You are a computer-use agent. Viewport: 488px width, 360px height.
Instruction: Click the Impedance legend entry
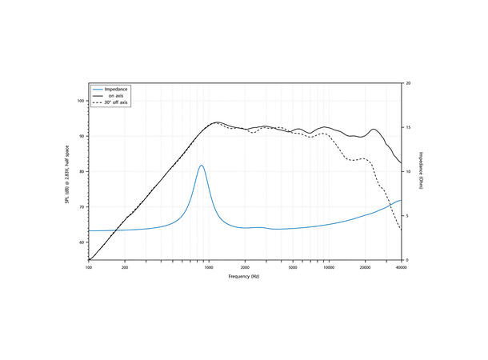tap(117, 88)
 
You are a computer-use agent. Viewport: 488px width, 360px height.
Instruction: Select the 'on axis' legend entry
tap(117, 96)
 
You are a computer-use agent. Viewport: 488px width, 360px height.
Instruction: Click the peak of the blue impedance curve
tap(202, 166)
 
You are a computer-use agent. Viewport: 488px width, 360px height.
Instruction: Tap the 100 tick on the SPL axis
tap(81, 101)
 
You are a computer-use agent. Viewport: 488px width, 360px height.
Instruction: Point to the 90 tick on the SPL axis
tap(82, 136)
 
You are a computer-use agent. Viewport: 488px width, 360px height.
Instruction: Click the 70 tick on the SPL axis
tap(82, 206)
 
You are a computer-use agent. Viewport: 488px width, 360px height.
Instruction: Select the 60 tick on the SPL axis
tap(82, 242)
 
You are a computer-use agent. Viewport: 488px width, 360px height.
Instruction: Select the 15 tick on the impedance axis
tap(409, 127)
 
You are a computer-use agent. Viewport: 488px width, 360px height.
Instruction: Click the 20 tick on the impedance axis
tap(409, 83)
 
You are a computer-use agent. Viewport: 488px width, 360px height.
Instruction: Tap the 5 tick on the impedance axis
tap(408, 216)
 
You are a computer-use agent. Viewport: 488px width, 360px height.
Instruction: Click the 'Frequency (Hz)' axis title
tap(244, 276)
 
